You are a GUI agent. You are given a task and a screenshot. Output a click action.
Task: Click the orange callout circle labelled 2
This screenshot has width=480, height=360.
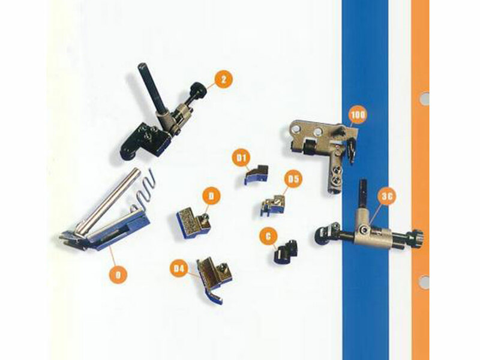[223, 79]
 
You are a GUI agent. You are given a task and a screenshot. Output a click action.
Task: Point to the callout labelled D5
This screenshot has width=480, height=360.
[292, 178]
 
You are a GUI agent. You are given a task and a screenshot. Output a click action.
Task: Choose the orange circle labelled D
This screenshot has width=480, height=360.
[211, 195]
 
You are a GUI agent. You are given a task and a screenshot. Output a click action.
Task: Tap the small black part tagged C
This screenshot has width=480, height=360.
[285, 251]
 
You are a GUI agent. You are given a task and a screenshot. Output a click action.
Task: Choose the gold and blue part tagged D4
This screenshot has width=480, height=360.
[213, 279]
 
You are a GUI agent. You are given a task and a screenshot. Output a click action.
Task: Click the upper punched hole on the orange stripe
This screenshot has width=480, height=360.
[424, 98]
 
